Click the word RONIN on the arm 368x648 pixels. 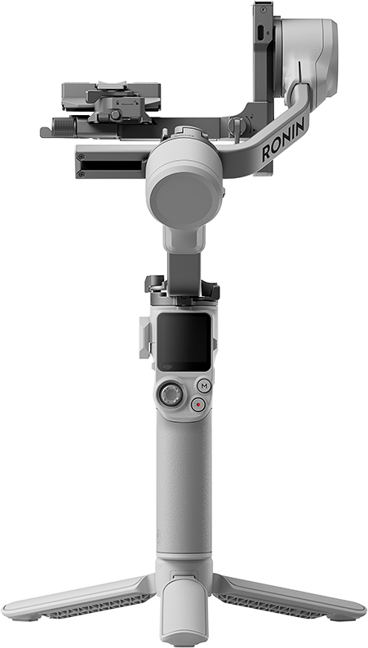(x=285, y=139)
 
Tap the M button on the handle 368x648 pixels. (x=204, y=386)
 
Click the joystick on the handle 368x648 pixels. (x=171, y=394)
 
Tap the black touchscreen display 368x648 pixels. (x=184, y=342)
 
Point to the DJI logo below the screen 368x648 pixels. (x=168, y=366)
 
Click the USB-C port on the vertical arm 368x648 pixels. (x=261, y=33)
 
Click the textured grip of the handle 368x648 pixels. (x=184, y=488)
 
